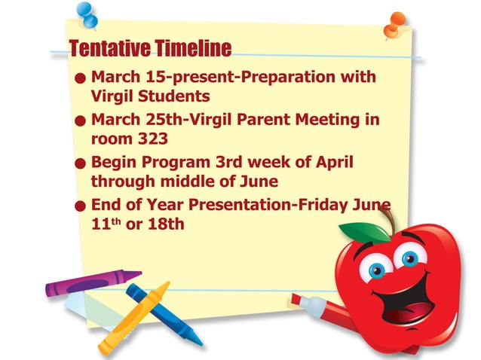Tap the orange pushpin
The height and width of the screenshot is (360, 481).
pyautogui.click(x=395, y=25)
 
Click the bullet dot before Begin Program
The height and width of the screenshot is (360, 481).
pyautogui.click(x=80, y=163)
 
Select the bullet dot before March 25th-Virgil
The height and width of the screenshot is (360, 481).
pyautogui.click(x=80, y=120)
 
